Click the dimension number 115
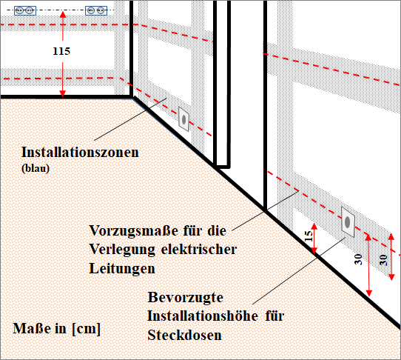click(61, 51)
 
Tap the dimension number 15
click(309, 236)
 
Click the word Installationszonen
click(80, 152)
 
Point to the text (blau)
click(36, 168)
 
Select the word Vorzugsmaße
click(133, 230)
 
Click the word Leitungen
click(122, 269)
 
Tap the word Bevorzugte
click(186, 297)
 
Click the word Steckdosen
click(184, 335)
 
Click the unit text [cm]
click(86, 328)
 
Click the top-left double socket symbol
click(25, 10)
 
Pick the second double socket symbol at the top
click(96, 10)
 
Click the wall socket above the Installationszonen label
click(183, 119)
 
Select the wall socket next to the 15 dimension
click(348, 222)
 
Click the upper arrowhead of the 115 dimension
click(63, 14)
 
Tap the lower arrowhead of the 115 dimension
click(63, 93)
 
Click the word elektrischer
click(199, 250)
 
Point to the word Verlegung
click(122, 250)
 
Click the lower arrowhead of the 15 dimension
click(314, 251)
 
